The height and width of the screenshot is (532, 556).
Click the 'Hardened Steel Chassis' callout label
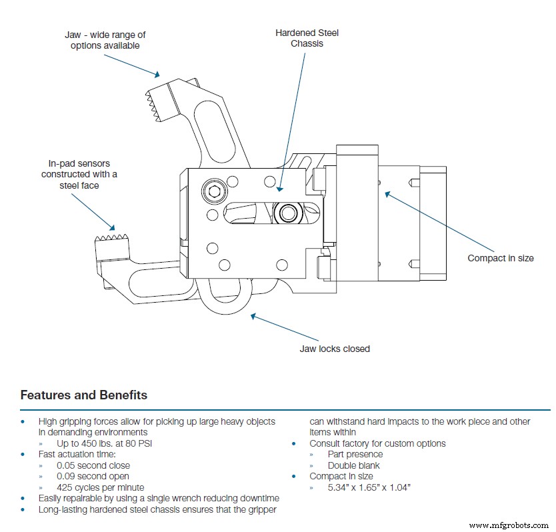click(x=307, y=37)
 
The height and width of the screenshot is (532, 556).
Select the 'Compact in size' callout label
click(x=500, y=258)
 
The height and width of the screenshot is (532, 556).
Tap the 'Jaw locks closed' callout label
click(x=335, y=349)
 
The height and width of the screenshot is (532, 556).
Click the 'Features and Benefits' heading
click(x=84, y=395)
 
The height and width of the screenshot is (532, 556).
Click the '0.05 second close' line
click(x=93, y=465)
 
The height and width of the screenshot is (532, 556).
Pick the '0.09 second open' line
click(x=93, y=476)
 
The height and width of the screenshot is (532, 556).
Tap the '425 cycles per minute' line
click(x=100, y=487)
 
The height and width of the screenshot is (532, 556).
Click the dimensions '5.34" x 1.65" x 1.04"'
click(x=369, y=487)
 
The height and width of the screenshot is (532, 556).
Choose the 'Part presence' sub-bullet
click(x=355, y=455)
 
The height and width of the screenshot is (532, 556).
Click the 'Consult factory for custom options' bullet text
click(x=377, y=443)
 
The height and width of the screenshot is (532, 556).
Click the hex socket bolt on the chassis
click(x=215, y=191)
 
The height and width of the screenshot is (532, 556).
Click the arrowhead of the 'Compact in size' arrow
click(x=385, y=193)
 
